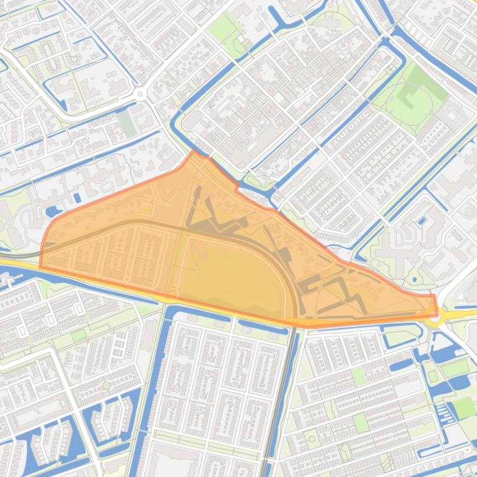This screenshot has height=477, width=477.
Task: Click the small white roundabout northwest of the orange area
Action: (140, 94)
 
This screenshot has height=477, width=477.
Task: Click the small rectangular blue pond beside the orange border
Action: (77, 198)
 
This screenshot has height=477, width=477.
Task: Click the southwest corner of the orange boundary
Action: (40, 267)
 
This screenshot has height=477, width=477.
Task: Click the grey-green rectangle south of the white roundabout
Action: (128, 124)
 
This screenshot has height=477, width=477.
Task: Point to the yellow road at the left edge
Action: (12, 265)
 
